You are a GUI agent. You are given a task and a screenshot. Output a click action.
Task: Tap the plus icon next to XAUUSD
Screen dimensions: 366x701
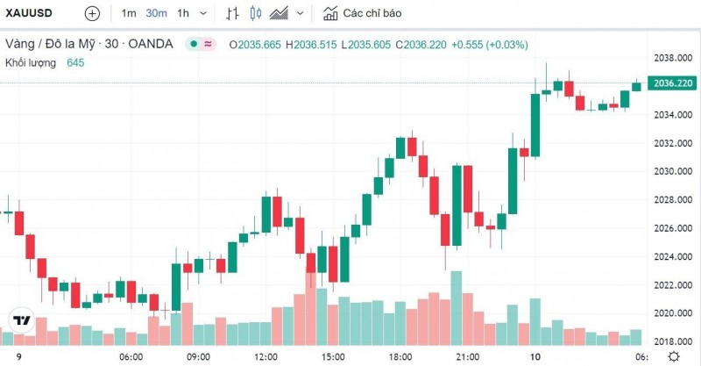coord(92,14)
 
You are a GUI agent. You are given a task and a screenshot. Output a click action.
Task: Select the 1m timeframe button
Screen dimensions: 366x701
coord(129,14)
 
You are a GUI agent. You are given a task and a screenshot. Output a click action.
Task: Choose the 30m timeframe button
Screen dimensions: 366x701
coord(157,14)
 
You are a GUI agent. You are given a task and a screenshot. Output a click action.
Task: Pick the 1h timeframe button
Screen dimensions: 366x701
coord(183,14)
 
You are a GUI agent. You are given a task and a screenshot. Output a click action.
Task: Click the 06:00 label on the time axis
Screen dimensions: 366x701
coord(131,357)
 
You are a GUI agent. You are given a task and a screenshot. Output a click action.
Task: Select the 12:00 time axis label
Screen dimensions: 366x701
coord(266,357)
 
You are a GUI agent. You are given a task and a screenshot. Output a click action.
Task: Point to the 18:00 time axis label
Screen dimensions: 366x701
coord(400,357)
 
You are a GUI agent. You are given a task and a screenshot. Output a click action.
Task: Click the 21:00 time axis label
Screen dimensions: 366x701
coord(468,357)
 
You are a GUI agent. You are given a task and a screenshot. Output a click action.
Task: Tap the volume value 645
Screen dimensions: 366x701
coord(75,62)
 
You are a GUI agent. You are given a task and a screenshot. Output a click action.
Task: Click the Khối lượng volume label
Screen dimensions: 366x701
coord(31,62)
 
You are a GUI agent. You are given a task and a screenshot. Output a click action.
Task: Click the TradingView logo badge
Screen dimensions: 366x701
coord(21,320)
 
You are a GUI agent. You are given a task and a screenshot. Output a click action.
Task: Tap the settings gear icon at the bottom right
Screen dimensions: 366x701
coord(673,356)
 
